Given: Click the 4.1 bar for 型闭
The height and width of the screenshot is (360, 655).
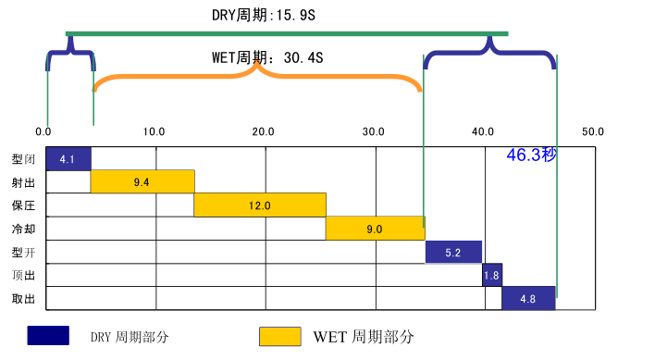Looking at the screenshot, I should point(68,159).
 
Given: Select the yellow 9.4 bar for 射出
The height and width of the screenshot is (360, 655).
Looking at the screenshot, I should point(142,182).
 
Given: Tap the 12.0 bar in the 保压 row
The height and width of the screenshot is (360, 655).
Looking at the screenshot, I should point(260,205).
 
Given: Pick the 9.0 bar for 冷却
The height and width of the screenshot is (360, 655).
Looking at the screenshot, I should point(375,229).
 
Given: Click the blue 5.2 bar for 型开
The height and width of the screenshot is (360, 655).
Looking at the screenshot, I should point(453,252).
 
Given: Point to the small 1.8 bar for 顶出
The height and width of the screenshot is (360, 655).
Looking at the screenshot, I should point(492,275).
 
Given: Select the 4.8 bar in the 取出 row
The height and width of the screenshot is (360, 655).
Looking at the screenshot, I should point(528,298).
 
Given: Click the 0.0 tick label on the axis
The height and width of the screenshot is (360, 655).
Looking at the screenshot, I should point(43,131).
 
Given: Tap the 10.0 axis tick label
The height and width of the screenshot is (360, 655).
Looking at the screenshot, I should point(154,131).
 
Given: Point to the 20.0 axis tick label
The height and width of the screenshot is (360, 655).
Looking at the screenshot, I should point(264,131).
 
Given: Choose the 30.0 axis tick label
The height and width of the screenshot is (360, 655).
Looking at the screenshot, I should point(374,131).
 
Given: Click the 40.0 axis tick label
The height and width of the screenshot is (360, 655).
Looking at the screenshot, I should point(483,131).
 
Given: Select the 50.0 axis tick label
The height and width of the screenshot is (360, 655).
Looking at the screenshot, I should point(592,131).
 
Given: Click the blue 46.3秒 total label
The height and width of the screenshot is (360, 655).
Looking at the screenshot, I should point(531,155).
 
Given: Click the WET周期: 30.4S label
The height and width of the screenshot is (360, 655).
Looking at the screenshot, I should point(267,57).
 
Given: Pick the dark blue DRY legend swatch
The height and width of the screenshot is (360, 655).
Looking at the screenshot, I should point(48,335).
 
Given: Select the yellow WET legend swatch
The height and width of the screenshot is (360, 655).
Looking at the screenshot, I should point(280,335).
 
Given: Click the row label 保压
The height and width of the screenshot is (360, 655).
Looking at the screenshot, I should point(24,205).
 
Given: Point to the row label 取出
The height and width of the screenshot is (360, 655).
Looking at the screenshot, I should point(24,298).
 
